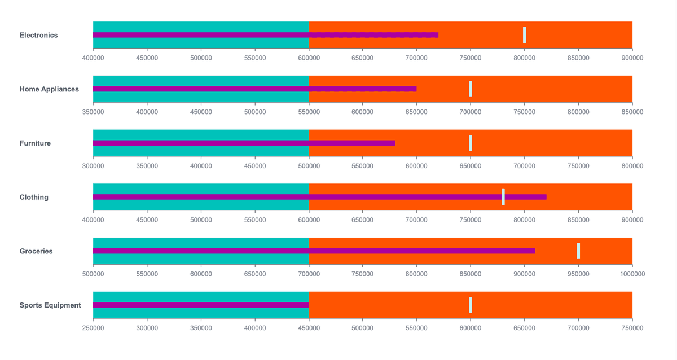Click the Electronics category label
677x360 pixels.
38,35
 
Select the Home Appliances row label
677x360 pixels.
49,89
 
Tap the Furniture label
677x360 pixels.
35,143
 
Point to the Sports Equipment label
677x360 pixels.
50,305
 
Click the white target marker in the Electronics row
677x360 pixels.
525,35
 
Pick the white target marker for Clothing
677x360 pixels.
503,197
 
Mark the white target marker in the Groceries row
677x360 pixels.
578,251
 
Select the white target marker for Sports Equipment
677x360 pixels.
471,305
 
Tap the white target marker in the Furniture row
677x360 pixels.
471,143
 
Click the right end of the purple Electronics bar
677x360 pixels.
437,35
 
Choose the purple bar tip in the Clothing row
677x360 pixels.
545,197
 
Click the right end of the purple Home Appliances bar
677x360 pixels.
415,89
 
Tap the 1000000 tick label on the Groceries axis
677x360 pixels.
632,274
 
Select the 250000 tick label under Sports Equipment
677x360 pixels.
93,328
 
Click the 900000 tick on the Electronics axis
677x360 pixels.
632,58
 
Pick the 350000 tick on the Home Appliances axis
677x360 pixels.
93,112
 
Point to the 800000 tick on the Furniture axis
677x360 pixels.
632,166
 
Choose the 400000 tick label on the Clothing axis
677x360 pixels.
93,220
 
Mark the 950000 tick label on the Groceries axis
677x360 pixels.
578,274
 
